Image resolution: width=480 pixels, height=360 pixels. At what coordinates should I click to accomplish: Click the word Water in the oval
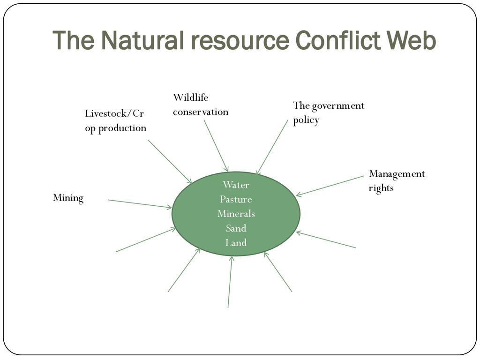pyautogui.click(x=236, y=185)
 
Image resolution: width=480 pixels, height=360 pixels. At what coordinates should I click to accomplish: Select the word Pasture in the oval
pyautogui.click(x=236, y=199)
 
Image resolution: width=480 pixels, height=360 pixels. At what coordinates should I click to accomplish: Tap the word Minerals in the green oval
pyautogui.click(x=236, y=214)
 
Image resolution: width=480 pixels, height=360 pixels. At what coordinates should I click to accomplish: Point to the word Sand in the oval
pyautogui.click(x=236, y=228)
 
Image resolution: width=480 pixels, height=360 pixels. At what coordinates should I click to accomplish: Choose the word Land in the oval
pyautogui.click(x=236, y=243)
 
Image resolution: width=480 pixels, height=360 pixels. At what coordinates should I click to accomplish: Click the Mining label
pyautogui.click(x=68, y=198)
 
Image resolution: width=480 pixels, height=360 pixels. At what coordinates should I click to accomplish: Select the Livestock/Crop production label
pyautogui.click(x=115, y=121)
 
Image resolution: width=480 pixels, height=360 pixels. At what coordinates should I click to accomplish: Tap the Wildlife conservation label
pyautogui.click(x=200, y=105)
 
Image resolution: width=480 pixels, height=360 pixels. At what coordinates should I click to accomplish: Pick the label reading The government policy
pyautogui.click(x=328, y=112)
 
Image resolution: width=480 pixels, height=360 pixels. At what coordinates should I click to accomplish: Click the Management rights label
pyautogui.click(x=397, y=180)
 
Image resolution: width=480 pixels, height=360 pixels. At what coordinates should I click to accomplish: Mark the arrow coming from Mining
pyautogui.click(x=140, y=204)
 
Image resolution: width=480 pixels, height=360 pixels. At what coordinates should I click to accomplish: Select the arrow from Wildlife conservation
pyautogui.click(x=216, y=146)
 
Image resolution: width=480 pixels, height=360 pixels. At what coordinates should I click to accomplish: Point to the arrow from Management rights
pyautogui.click(x=330, y=186)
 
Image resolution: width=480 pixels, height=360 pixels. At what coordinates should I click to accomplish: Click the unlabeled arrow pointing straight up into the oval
pyautogui.click(x=230, y=282)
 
